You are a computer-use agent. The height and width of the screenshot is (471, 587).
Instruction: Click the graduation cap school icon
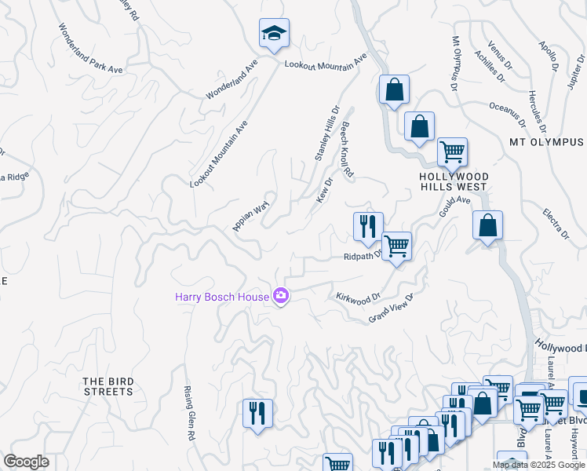pos(274,33)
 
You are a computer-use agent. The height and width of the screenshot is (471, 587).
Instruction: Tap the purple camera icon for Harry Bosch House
pos(281,296)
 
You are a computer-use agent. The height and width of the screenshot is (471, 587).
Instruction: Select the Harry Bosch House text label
pos(221,297)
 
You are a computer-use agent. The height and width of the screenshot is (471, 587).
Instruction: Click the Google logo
pos(26,462)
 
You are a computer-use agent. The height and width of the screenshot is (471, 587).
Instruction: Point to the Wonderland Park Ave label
pos(91,48)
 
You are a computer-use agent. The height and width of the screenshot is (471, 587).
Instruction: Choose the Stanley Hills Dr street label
pos(326,133)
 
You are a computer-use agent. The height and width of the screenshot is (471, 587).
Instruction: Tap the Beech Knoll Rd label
pos(347,152)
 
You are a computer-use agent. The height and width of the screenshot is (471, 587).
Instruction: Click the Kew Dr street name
pos(325,190)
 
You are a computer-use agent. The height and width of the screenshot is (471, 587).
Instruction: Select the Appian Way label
pos(251,216)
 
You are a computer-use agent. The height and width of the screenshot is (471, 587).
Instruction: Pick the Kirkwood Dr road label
pos(358,298)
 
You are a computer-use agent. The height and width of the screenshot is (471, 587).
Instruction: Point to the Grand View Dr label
pos(391,307)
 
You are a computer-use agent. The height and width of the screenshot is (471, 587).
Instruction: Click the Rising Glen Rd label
pos(188,413)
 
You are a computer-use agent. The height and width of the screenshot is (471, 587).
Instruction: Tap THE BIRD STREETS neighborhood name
pos(108,386)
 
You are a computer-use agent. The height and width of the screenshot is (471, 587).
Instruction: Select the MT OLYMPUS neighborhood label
pos(546,142)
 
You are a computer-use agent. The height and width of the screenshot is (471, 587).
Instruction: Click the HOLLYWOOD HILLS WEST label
pos(454,182)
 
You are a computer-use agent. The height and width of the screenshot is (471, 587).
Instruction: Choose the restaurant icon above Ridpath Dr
pos(368,226)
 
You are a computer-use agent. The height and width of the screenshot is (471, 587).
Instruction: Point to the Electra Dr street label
pos(556,223)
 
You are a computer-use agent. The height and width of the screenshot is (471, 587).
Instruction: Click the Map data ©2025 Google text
pos(538,465)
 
